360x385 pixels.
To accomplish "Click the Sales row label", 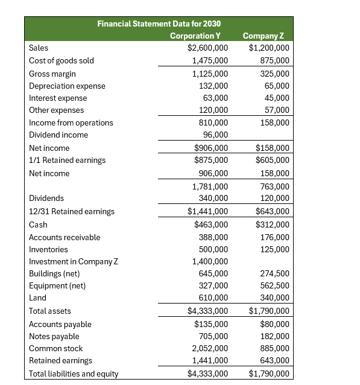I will pyautogui.click(x=39, y=48).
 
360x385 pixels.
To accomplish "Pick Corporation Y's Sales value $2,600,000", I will pyautogui.click(x=207, y=48).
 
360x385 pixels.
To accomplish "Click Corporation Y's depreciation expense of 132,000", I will pyautogui.click(x=213, y=86).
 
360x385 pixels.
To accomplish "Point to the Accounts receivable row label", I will pyautogui.click(x=65, y=237).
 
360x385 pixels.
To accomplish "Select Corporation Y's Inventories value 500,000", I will pyautogui.click(x=213, y=249).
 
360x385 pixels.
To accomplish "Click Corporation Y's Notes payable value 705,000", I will pyautogui.click(x=213, y=336).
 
